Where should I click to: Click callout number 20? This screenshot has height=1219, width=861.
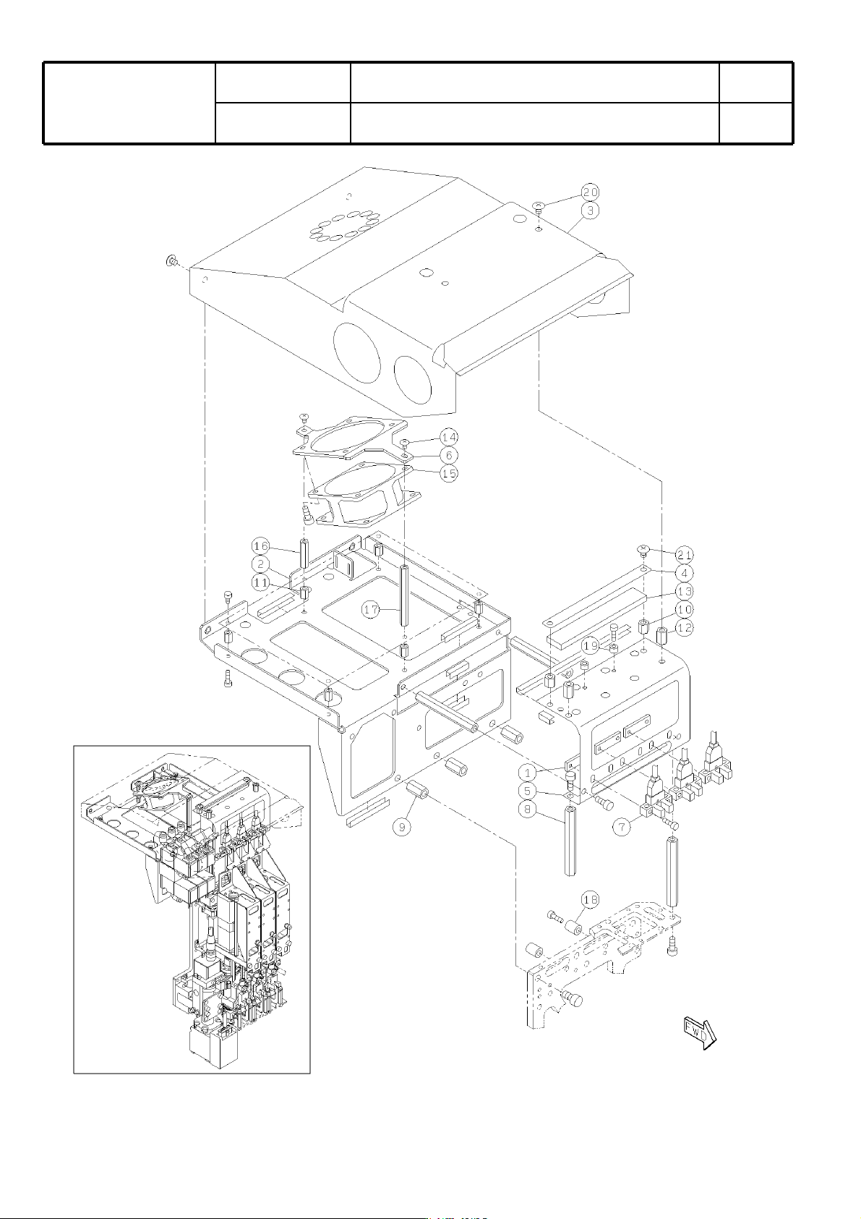590,192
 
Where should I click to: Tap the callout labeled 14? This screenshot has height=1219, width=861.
449,437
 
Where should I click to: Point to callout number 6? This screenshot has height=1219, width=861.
449,455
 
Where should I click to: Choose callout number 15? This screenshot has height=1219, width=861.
449,473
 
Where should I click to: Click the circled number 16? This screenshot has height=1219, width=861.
260,545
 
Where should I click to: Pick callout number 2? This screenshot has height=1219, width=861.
260,564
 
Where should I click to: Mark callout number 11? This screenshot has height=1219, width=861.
260,582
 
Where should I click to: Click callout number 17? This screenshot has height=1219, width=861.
372,610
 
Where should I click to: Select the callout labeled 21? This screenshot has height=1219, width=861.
685,555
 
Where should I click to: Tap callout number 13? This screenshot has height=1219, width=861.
685,591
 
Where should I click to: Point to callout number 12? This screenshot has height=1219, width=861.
685,627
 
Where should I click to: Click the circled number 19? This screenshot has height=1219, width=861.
591,646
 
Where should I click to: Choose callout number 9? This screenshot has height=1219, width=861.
402,828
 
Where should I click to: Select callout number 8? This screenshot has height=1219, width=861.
527,810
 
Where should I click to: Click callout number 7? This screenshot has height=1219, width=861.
622,827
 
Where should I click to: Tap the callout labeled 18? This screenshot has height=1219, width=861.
590,899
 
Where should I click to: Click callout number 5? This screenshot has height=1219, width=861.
527,791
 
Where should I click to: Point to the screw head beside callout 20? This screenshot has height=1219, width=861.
539,205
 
